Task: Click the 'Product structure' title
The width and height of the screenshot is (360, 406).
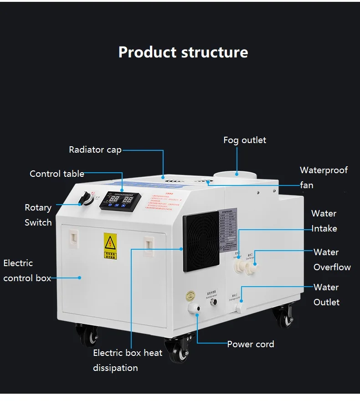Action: tap(183, 52)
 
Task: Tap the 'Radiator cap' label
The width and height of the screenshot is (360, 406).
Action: tap(95, 149)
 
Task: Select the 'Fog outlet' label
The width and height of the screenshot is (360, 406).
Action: tap(245, 140)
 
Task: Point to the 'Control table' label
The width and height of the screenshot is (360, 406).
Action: tap(57, 174)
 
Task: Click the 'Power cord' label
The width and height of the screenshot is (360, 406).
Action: tap(251, 344)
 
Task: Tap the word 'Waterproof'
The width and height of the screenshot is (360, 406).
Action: tap(324, 170)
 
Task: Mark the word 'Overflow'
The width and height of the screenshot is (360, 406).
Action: tap(332, 267)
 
